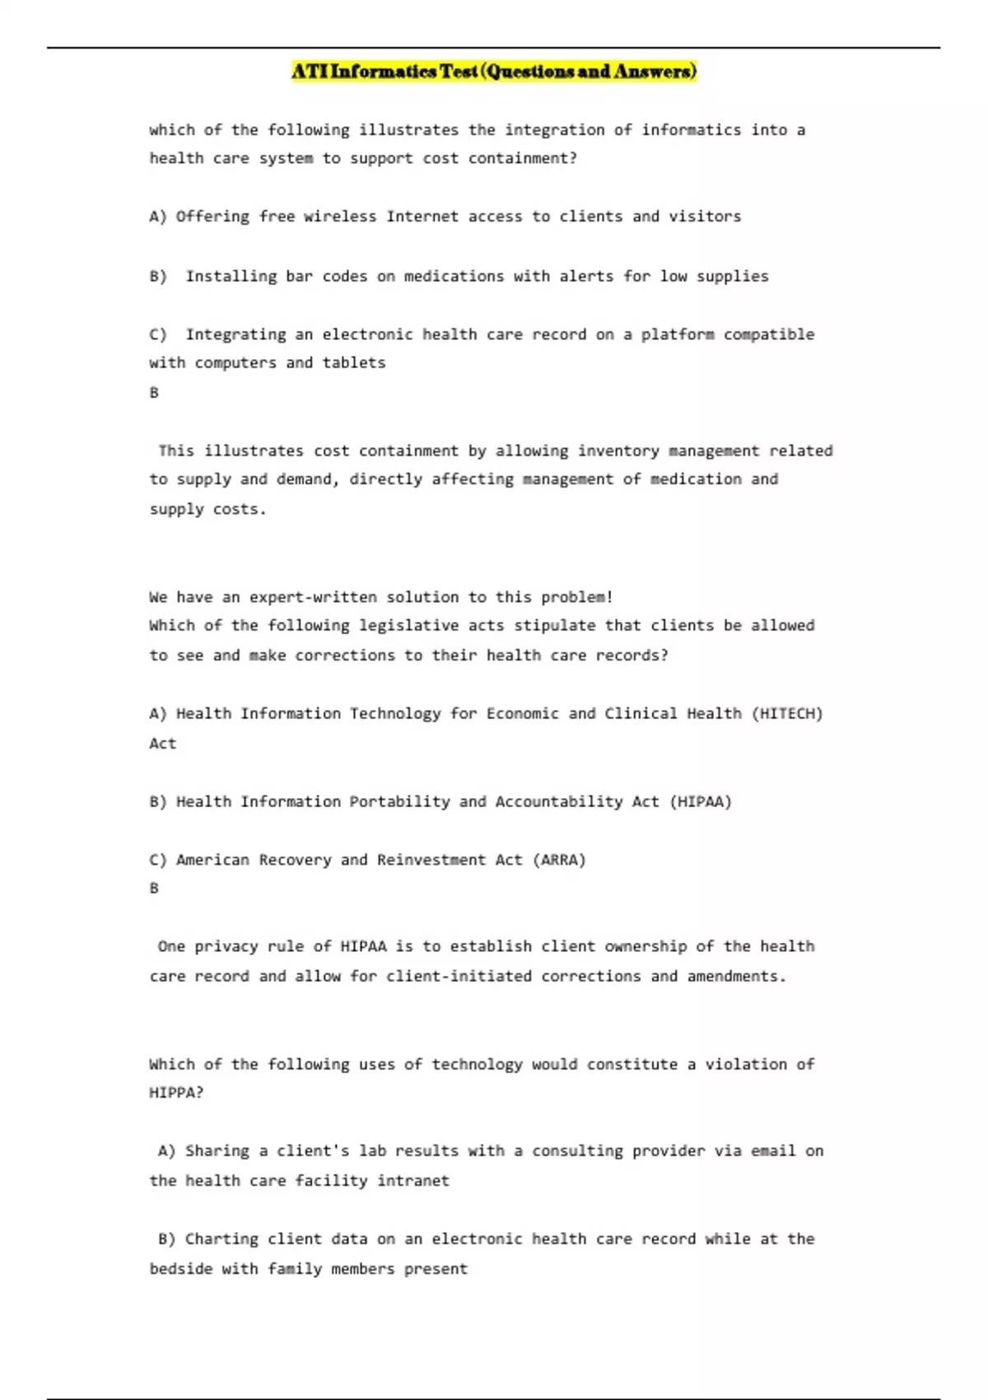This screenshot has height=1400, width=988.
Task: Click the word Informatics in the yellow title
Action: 383,72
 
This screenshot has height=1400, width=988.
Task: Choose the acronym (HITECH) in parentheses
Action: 786,713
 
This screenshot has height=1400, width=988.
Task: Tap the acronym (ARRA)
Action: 559,860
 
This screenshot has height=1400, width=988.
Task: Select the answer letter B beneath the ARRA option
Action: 154,889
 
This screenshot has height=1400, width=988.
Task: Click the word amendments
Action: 736,976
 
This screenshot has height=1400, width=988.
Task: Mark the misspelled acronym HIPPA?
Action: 176,1093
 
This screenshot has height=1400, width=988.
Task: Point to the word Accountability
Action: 558,801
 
